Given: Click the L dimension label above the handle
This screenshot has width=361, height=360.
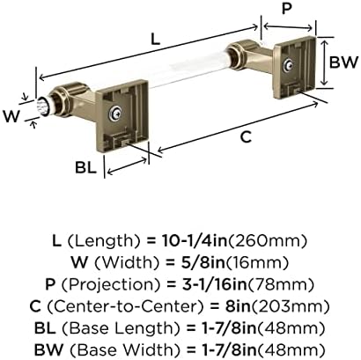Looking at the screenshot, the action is [155, 40].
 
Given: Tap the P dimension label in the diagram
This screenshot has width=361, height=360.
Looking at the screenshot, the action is [286, 9].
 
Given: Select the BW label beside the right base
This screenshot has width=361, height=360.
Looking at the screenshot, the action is [344, 62].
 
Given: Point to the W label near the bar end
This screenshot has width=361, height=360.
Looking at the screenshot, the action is [11, 116].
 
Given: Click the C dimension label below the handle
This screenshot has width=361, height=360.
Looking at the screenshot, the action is [246, 136].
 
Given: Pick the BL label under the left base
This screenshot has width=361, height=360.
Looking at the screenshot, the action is [85, 167].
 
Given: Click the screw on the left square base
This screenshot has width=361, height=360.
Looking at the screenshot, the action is [114, 113].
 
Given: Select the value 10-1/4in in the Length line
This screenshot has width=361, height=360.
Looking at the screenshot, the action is [194, 241].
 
